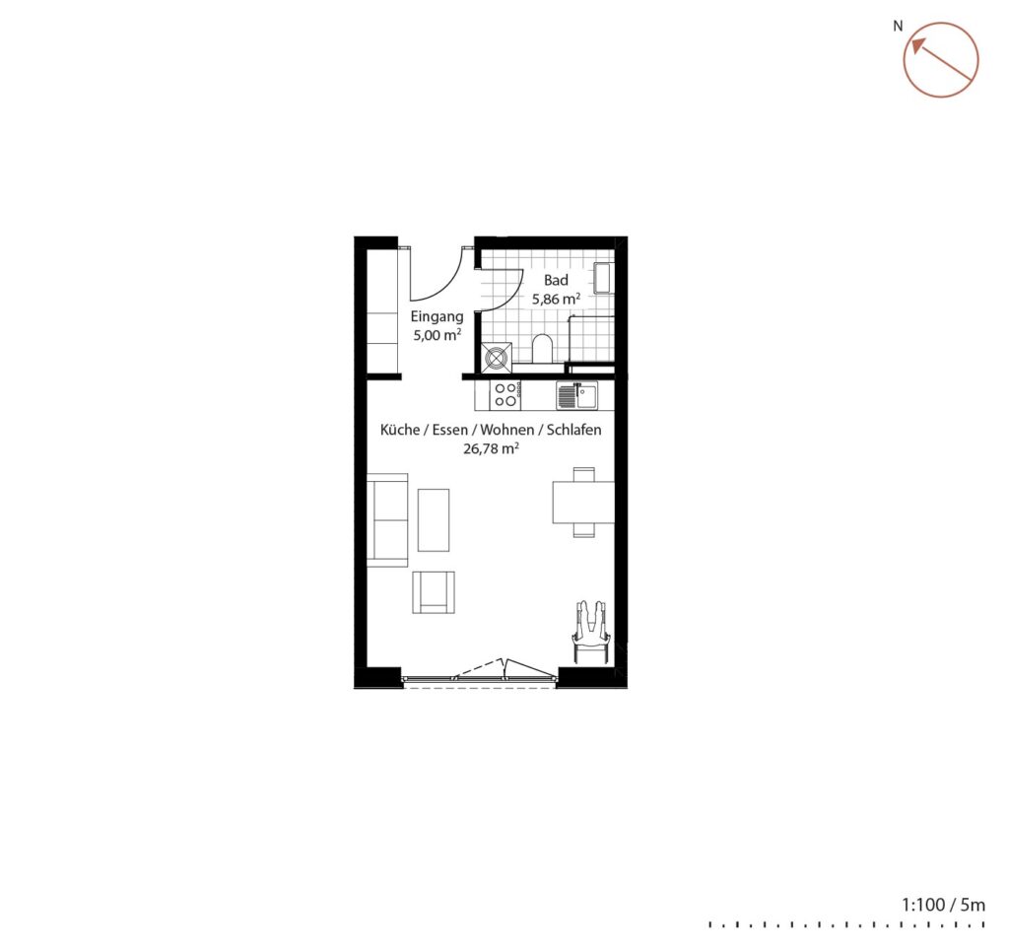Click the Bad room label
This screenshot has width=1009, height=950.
point(556,280)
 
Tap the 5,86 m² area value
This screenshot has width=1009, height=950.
point(556,300)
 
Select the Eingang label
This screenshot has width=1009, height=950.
point(437,317)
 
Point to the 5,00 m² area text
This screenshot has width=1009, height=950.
point(437,335)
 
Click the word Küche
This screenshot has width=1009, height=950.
point(400,430)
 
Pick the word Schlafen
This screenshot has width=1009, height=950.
point(574,430)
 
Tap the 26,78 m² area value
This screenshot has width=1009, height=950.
point(491,448)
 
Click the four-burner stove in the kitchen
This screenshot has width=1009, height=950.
point(505,394)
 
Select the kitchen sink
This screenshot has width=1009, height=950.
point(577,395)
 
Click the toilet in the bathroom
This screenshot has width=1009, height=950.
point(543,349)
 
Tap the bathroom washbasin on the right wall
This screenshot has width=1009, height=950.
point(603,277)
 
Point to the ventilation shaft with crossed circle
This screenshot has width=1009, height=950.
point(498,357)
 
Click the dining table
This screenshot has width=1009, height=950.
point(583,502)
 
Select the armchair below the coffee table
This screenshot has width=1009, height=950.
point(434,592)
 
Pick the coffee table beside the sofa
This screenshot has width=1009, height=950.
point(434,520)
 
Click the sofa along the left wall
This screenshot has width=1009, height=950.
point(387,520)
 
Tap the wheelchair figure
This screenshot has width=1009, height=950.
point(591,632)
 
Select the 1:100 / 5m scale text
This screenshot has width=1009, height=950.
point(943,905)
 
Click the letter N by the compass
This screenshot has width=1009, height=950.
point(898,27)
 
